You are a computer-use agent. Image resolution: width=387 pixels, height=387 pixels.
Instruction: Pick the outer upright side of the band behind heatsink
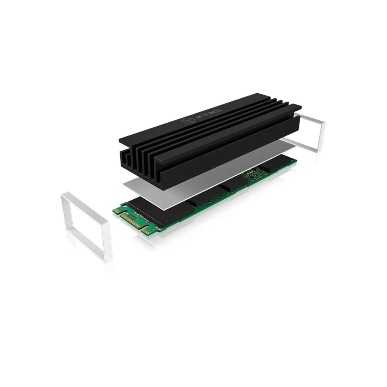tap(322, 135)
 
